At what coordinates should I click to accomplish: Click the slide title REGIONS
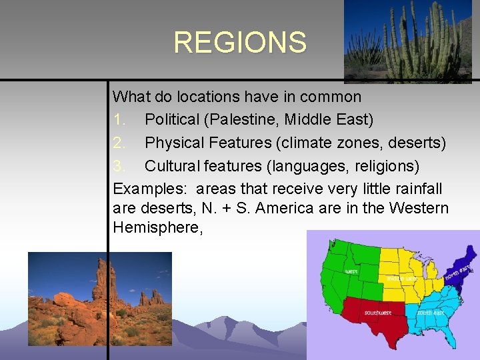tap(240, 43)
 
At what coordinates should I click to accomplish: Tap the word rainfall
tap(419, 188)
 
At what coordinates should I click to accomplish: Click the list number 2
tap(118, 143)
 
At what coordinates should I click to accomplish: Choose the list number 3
tap(118, 165)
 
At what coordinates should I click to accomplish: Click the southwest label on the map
tap(377, 313)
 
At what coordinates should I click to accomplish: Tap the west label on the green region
tap(351, 271)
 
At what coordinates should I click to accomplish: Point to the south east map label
tap(430, 312)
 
